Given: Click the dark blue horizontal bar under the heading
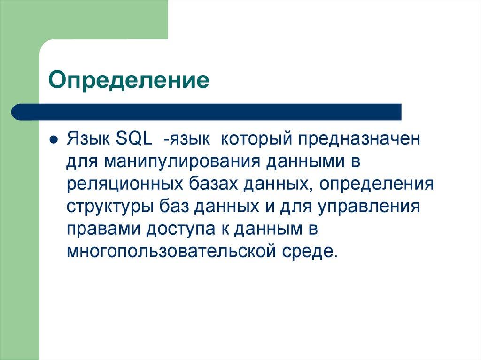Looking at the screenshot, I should coord(207,112).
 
